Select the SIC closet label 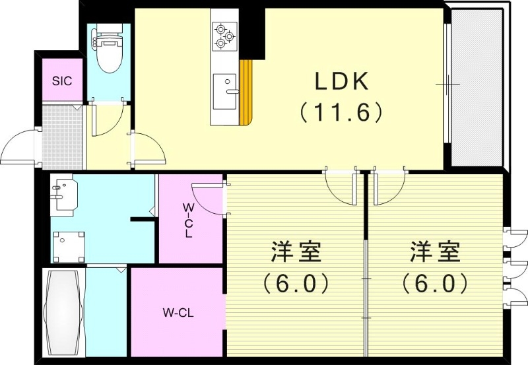[63, 81]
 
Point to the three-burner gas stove [224, 36]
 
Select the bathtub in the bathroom [63, 312]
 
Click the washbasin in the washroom [63, 194]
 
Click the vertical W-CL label [188, 220]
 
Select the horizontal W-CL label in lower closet [177, 312]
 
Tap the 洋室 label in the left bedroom [295, 252]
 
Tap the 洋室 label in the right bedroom [435, 252]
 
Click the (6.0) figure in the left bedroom [295, 283]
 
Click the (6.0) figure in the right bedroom [435, 283]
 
